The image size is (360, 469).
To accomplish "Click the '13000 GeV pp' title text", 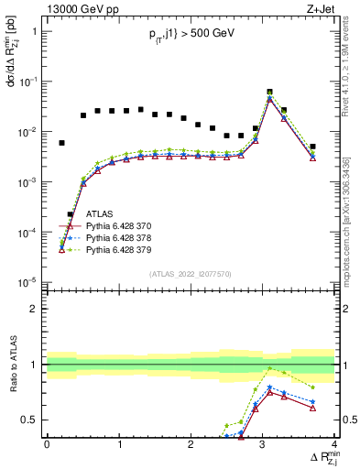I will (81, 8).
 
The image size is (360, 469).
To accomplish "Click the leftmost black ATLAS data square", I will (61, 143).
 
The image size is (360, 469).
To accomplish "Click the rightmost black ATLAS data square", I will (312, 147).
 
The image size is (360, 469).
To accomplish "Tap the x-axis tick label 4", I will (335, 443).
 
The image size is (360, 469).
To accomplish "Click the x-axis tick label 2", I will (191, 443).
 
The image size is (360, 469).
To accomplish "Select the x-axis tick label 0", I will (47, 443).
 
